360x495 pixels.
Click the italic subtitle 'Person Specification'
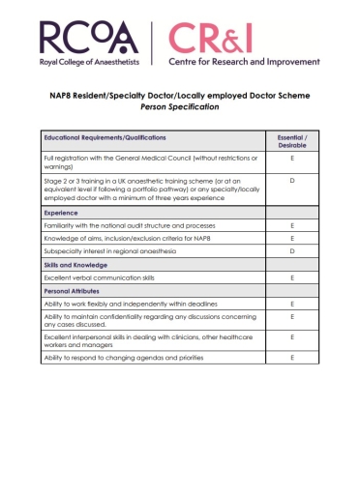[179, 107]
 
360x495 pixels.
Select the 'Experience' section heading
[63, 211]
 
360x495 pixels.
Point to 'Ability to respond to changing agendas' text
[121, 358]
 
